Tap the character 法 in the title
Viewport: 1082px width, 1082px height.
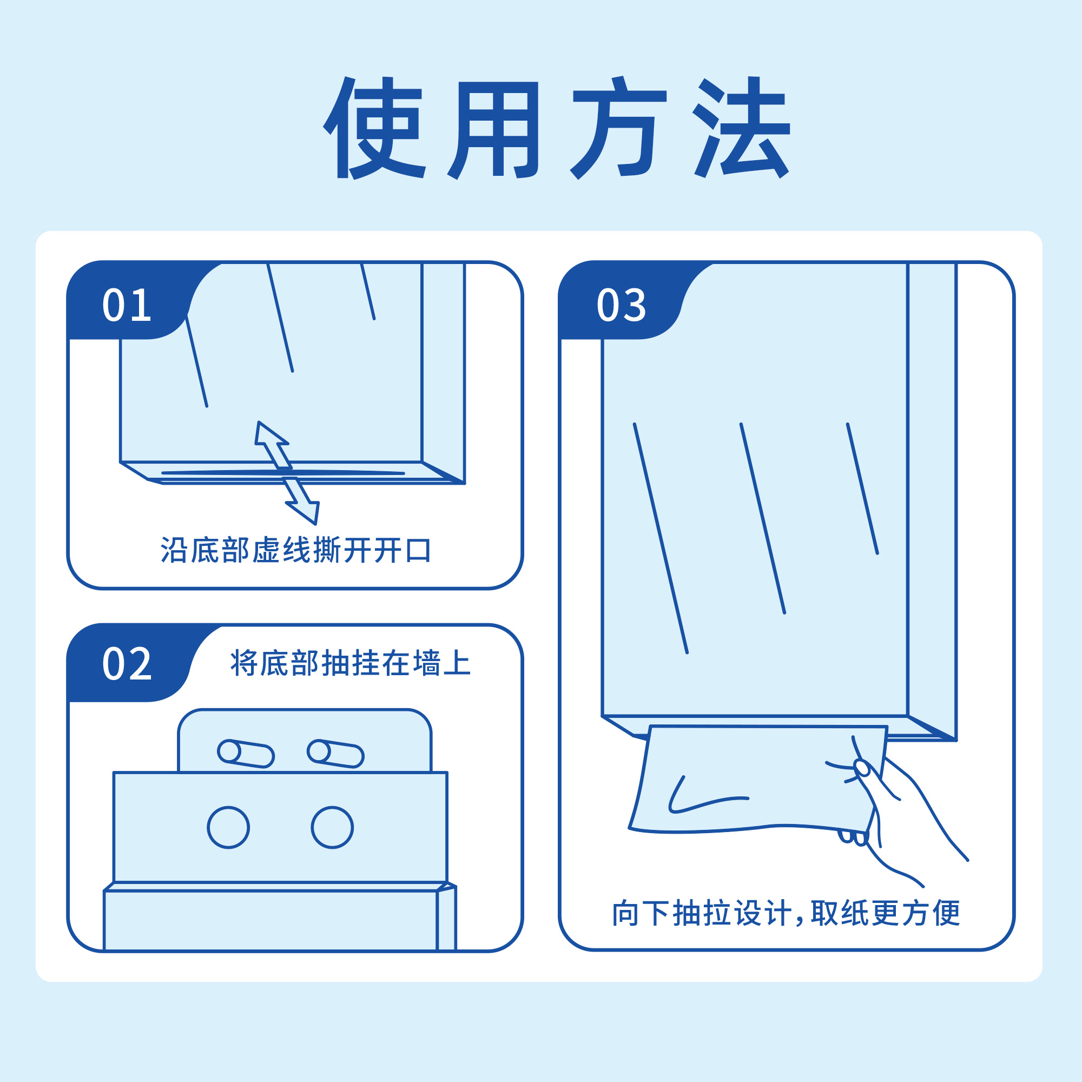tap(741, 128)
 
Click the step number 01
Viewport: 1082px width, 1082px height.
tap(127, 305)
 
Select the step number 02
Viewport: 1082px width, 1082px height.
tap(127, 664)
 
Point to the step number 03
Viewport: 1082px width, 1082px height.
tap(621, 305)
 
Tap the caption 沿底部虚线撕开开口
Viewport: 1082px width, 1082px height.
tap(296, 551)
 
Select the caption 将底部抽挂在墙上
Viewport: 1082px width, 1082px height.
tap(351, 664)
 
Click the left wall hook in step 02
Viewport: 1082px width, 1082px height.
tap(245, 753)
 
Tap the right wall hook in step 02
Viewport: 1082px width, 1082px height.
tap(335, 753)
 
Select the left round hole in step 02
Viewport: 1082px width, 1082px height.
tap(228, 828)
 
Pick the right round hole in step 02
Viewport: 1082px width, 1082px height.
tap(332, 828)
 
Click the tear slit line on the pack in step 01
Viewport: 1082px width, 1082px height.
tap(283, 473)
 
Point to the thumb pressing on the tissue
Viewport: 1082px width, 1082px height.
tap(862, 768)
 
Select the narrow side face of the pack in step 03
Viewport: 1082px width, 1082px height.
tap(932, 493)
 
